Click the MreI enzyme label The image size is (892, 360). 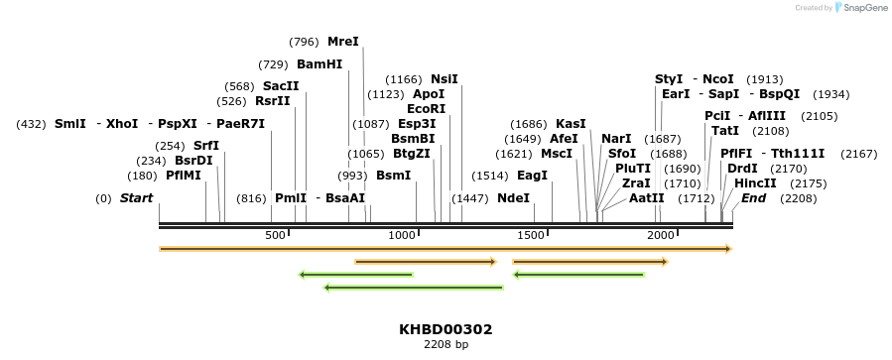(x=343, y=42)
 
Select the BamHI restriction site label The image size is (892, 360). (x=319, y=64)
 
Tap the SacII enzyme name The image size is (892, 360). (x=281, y=86)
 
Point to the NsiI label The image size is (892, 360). (x=445, y=79)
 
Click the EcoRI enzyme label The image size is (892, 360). (x=427, y=108)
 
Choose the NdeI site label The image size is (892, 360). (x=514, y=198)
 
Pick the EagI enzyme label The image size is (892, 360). (x=533, y=176)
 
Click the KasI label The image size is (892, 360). (x=571, y=123)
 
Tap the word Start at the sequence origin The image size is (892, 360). (x=136, y=198)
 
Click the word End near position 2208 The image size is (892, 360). (x=754, y=198)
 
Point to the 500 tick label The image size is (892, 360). (x=275, y=235)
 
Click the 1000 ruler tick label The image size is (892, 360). (x=402, y=235)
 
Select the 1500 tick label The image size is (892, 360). (x=532, y=235)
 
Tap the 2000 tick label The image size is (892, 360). (x=661, y=235)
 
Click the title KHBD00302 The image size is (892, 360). (x=446, y=329)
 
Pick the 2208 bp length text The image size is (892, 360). (x=446, y=344)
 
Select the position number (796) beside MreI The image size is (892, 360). (x=304, y=43)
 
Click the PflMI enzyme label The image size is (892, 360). (x=184, y=176)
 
